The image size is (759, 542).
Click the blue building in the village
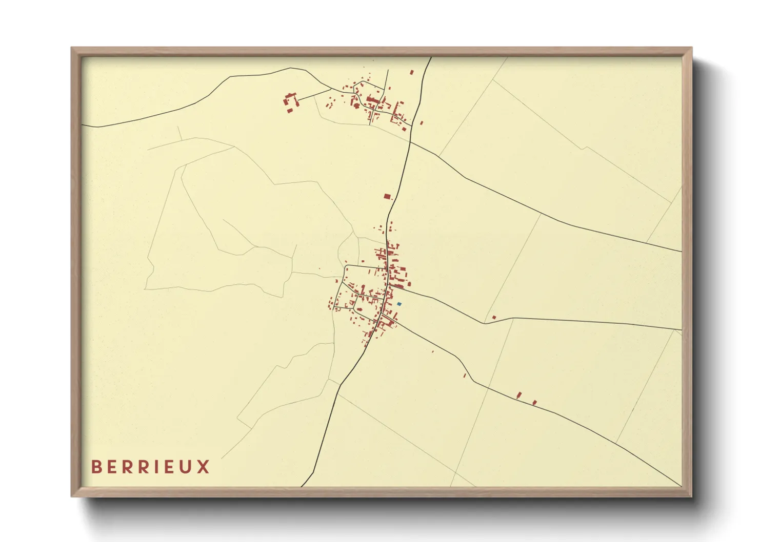click(399, 304)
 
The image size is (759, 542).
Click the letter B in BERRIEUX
click(96, 467)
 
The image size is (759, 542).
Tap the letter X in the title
click(204, 467)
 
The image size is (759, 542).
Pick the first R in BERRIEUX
click(126, 467)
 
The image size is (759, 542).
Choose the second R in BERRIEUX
click(140, 467)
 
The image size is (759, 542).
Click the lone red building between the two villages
click(387, 196)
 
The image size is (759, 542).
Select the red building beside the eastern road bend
click(494, 318)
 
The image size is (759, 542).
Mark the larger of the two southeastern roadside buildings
click(519, 395)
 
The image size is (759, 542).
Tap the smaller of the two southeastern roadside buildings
click(534, 403)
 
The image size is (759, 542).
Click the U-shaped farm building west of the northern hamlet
click(291, 101)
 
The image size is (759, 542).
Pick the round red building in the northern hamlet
click(356, 105)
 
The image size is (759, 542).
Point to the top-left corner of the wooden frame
click(72, 48)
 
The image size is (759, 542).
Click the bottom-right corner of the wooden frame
click(691, 496)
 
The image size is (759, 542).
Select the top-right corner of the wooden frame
click(691, 48)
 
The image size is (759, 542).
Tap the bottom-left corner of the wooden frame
click(72, 496)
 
